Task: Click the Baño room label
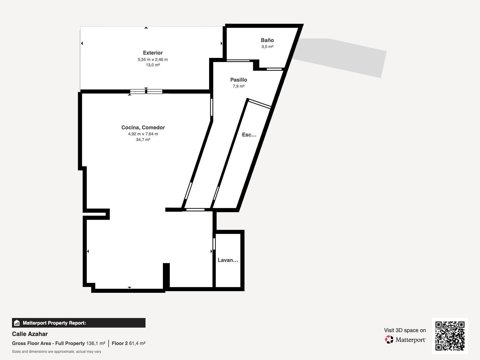[x=267, y=40]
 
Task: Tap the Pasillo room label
[x=238, y=80]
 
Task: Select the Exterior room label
[x=153, y=53]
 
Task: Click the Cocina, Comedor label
[x=143, y=127]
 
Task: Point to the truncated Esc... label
[x=249, y=135]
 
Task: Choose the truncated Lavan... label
[x=228, y=260]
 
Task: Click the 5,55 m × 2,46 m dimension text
[x=153, y=59]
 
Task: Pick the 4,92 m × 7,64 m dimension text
[x=143, y=134]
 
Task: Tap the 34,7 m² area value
[x=143, y=140]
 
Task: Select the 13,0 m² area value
[x=153, y=65]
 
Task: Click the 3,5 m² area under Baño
[x=267, y=46]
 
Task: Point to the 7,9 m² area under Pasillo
[x=238, y=86]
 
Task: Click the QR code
[x=450, y=336]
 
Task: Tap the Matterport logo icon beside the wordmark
[x=389, y=340]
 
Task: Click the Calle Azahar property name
[x=30, y=334]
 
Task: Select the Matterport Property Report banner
[x=79, y=323]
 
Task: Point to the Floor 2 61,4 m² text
[x=129, y=343]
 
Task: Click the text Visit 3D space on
[x=405, y=330]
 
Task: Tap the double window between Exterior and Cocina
[x=146, y=91]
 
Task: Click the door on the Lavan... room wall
[x=214, y=244]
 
